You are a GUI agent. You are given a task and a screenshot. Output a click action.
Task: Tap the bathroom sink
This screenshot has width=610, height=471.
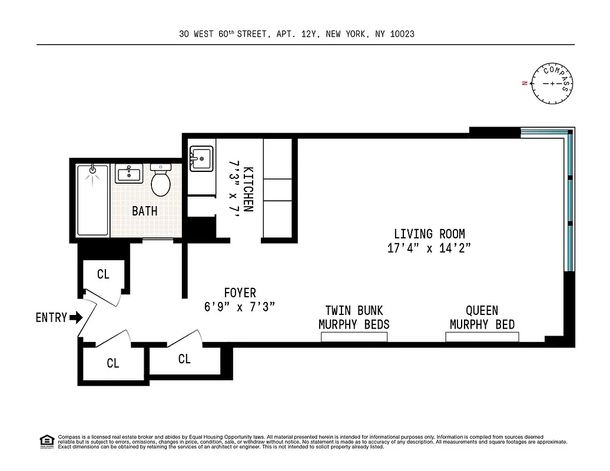click(x=128, y=174)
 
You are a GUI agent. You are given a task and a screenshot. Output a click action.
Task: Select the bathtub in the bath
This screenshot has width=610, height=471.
click(x=93, y=200)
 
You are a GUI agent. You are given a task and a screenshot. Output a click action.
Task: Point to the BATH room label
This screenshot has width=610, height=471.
click(x=144, y=211)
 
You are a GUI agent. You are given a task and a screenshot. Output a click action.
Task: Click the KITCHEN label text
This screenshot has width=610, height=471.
click(x=248, y=188)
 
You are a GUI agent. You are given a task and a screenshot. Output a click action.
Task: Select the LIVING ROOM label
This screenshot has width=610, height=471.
click(x=429, y=234)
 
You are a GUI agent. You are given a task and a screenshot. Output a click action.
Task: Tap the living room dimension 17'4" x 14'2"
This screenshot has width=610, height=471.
click(x=429, y=248)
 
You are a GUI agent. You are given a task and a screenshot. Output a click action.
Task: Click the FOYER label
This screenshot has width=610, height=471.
click(x=240, y=293)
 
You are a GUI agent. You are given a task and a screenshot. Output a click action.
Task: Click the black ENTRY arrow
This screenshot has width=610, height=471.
click(x=76, y=318)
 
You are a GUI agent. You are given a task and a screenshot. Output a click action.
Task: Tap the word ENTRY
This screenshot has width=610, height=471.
click(x=51, y=318)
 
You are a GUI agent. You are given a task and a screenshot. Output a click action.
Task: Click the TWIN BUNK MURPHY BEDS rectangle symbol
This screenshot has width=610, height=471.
click(x=354, y=337)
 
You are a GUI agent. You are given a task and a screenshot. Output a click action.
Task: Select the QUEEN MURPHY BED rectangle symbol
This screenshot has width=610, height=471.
click(x=482, y=337)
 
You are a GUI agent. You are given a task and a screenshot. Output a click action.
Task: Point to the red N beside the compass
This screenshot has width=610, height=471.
click(x=523, y=84)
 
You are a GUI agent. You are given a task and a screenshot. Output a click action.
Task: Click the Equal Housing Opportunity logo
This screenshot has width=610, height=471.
click(x=46, y=440)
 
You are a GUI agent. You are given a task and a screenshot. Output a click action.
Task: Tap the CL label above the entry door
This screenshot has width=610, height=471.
click(x=103, y=274)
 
